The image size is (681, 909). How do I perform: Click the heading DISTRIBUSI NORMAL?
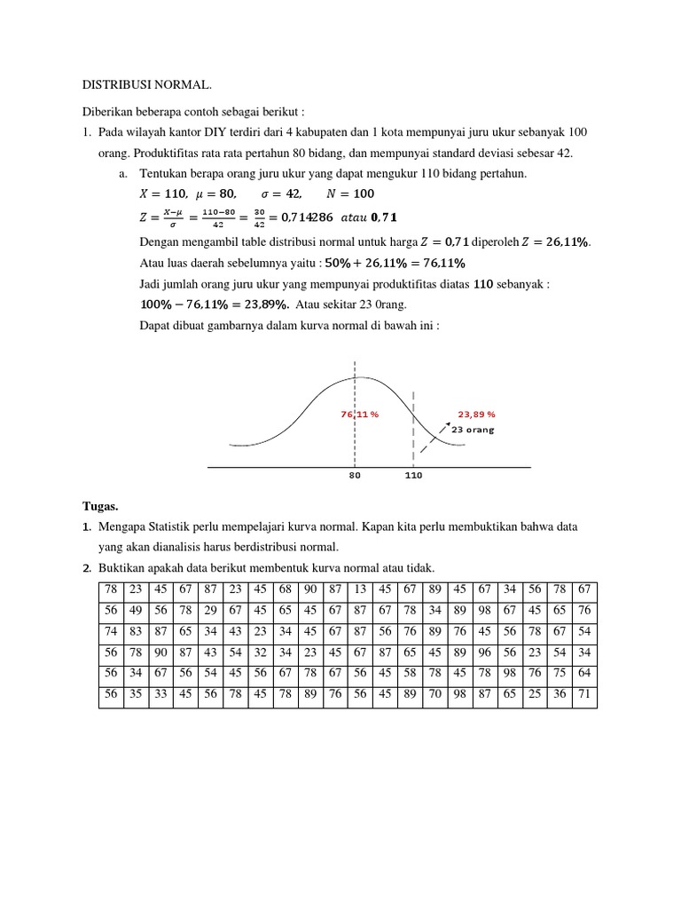click(x=147, y=84)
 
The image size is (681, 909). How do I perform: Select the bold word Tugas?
click(x=100, y=506)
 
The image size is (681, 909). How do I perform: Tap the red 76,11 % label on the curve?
click(x=359, y=415)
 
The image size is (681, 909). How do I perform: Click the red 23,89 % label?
click(x=476, y=414)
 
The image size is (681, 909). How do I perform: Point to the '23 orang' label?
click(x=473, y=430)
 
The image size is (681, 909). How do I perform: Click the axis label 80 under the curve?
click(x=355, y=476)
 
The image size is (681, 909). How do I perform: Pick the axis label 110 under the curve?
click(x=413, y=476)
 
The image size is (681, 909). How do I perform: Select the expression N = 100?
click(x=351, y=194)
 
